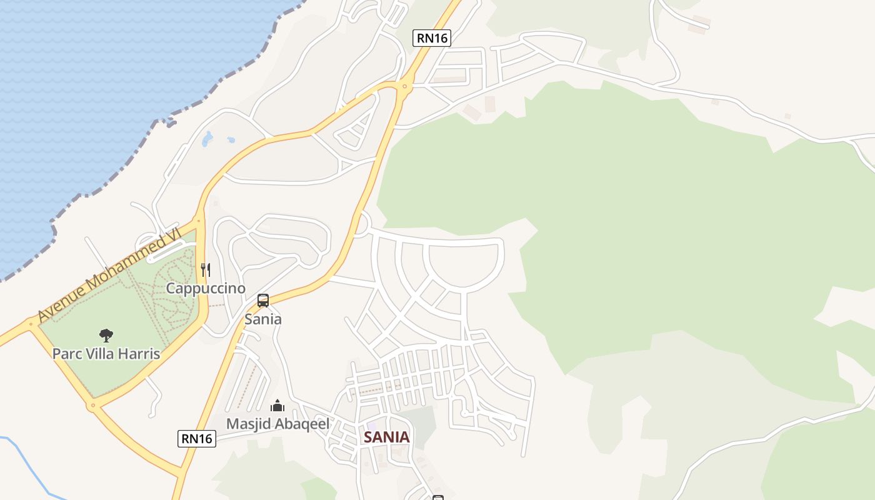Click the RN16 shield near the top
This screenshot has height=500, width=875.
[432, 38]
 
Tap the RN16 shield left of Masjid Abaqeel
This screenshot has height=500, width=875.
[197, 439]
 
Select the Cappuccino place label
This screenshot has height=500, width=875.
[206, 288]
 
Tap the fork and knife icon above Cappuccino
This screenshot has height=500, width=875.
[205, 269]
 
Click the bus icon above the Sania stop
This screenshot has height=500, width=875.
[263, 301]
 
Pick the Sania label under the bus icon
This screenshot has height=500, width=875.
[263, 319]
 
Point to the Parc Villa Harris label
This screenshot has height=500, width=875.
[106, 354]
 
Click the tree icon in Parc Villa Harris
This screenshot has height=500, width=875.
[106, 336]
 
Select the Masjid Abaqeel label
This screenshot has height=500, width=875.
[277, 424]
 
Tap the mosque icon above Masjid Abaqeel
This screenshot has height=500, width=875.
[277, 406]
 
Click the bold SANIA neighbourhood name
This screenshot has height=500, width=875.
[387, 437]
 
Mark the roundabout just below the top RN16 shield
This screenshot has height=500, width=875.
[405, 86]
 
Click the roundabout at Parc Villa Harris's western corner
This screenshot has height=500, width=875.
[31, 324]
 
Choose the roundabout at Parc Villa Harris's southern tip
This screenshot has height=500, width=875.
[93, 406]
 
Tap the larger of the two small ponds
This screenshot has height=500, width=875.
[207, 138]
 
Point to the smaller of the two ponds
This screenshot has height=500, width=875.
[231, 140]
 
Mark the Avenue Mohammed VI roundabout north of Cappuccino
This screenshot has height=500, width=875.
[198, 220]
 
